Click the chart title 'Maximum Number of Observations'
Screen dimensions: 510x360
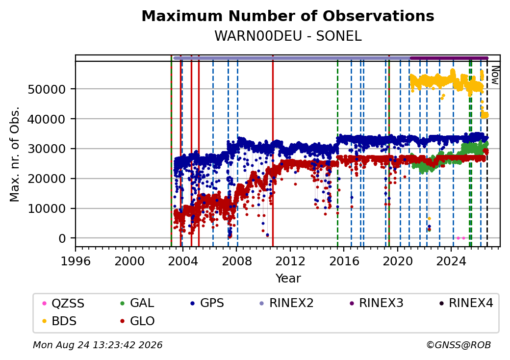[x=288, y=16]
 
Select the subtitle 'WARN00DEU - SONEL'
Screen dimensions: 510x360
[x=288, y=36]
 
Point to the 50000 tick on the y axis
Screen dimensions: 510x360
[x=47, y=89]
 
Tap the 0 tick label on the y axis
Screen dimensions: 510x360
[x=62, y=238]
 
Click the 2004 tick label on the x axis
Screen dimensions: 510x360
[x=183, y=261]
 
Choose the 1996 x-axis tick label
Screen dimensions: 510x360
[x=76, y=261]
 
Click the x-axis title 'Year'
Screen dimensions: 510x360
[x=288, y=279]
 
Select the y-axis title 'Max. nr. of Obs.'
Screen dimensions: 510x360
[x=15, y=154]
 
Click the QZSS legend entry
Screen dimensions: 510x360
[x=63, y=304]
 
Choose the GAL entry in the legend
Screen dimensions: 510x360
[x=137, y=303]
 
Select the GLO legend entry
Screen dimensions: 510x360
[x=137, y=321]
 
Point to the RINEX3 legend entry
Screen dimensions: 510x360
[x=376, y=303]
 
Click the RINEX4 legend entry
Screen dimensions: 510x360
[x=466, y=303]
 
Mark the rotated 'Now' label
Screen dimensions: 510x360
[x=495, y=75]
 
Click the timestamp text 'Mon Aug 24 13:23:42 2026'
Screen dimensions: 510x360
[x=98, y=345]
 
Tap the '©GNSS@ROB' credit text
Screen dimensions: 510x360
[x=459, y=345]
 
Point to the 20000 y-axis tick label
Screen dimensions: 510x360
[x=47, y=179]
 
